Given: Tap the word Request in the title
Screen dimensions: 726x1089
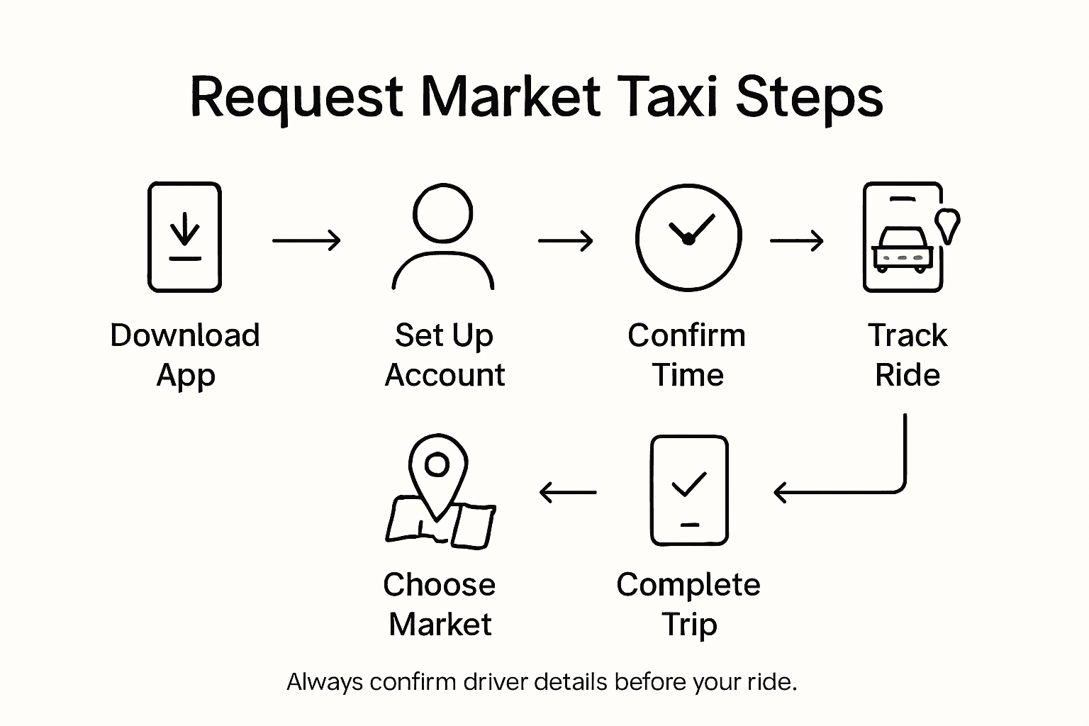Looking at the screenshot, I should pos(298,97).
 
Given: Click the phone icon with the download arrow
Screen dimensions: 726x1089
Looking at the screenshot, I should pos(184,237).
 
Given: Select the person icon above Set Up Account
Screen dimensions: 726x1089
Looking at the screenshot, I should pos(443,237).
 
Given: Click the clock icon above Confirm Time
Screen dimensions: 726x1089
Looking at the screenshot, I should pos(688,237).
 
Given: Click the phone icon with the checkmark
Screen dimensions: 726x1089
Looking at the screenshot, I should pos(689,491).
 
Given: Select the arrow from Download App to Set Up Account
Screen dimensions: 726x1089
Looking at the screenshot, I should pos(306,240).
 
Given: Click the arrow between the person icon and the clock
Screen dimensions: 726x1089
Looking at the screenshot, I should pos(565,240).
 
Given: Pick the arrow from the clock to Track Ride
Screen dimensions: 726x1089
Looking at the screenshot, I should pos(797,240).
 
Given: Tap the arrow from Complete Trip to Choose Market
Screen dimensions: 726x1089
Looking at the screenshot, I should pos(567,491).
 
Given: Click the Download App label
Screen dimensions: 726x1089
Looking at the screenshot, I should pos(185,354).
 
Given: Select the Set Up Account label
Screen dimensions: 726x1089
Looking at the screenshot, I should pos(445,354).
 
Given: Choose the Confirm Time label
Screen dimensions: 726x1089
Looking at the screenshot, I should pos(687,354).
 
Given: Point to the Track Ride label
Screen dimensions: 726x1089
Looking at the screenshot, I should pos(907,354).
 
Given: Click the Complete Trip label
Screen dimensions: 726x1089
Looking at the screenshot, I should pos(688,604).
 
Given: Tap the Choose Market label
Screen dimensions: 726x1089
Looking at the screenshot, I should pos(440,604).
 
